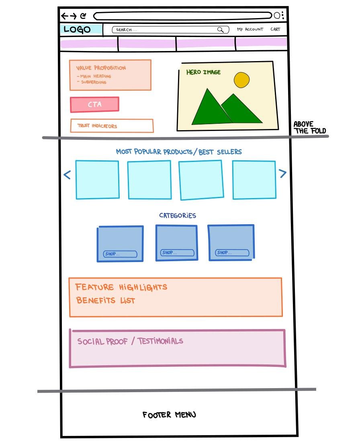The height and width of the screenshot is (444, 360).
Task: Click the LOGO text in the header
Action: tap(77, 29)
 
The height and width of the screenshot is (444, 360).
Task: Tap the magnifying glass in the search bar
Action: tap(220, 29)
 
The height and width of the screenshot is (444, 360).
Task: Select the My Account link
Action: tap(250, 29)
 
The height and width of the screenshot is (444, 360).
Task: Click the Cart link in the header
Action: tap(275, 29)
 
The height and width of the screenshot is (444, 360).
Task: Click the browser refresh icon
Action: tap(83, 16)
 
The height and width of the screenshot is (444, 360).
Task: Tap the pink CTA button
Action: tap(94, 104)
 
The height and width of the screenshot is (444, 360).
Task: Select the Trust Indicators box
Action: tap(112, 126)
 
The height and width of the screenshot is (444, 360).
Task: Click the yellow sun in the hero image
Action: tap(241, 80)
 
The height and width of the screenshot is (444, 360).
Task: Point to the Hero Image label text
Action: tap(203, 72)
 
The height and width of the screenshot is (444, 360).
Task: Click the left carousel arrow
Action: tap(67, 175)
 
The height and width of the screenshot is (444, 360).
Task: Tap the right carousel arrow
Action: tap(283, 173)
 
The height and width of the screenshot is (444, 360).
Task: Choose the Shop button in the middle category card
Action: tap(177, 253)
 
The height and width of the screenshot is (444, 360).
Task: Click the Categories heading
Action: tap(178, 215)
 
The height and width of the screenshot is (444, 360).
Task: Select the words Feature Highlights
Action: tap(121, 287)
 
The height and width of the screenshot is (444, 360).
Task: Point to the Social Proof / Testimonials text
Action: tap(130, 341)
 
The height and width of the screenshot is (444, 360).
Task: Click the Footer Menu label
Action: tap(169, 415)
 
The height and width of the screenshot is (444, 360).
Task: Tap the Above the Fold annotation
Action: tap(310, 127)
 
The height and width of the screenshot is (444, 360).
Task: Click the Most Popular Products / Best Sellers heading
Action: tap(179, 152)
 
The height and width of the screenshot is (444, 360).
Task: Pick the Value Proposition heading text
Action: tap(101, 68)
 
